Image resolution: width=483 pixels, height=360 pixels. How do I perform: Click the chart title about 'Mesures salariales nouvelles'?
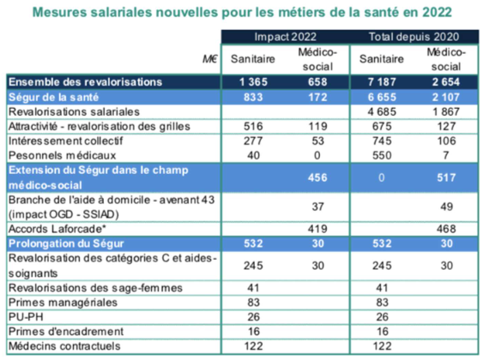pyautogui.click(x=242, y=12)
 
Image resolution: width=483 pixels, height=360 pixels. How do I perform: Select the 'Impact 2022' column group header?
pyautogui.click(x=285, y=37)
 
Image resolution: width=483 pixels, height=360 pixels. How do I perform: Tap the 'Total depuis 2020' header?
pyautogui.click(x=414, y=37)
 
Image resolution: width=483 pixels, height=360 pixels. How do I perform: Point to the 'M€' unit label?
pyautogui.click(x=210, y=59)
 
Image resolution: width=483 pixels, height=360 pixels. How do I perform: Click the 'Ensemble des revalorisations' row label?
pyautogui.click(x=85, y=81)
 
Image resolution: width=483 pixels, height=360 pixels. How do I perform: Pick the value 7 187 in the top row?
pyautogui.click(x=382, y=81)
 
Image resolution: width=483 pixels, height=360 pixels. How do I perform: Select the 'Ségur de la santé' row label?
pyautogui.click(x=53, y=97)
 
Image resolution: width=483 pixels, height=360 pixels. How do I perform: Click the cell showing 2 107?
pyautogui.click(x=446, y=97)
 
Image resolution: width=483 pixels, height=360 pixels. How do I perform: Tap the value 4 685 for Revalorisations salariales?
pyautogui.click(x=382, y=111)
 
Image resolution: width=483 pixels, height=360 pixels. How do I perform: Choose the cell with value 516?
pyautogui.click(x=253, y=126)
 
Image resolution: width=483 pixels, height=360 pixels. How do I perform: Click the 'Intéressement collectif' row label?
pyautogui.click(x=65, y=141)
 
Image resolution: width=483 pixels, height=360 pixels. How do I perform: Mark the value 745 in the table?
pyautogui.click(x=382, y=141)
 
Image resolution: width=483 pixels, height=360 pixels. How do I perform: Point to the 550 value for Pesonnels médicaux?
pyautogui.click(x=382, y=155)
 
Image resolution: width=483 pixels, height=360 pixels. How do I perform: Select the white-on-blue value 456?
pyautogui.click(x=317, y=177)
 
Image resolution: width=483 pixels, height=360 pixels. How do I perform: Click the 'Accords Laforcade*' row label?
pyautogui.click(x=57, y=229)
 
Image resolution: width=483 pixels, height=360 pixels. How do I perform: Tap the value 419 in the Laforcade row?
pyautogui.click(x=317, y=229)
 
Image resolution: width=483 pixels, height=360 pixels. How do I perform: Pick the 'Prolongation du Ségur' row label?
pyautogui.click(x=66, y=243)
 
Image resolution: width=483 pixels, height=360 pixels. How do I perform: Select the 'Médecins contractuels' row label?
pyautogui.click(x=64, y=345)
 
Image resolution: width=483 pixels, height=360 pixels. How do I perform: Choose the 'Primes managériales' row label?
pyautogui.click(x=63, y=303)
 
